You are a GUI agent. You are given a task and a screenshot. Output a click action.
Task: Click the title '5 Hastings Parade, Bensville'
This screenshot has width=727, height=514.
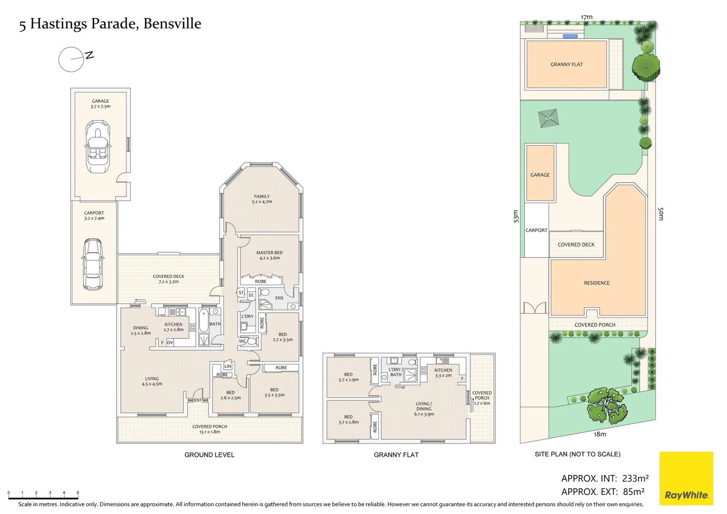pyautogui.click(x=110, y=24)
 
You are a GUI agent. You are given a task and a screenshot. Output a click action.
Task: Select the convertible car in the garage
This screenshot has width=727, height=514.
pyautogui.click(x=98, y=147)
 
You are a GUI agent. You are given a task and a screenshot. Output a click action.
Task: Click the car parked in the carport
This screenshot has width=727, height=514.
pyautogui.click(x=92, y=264)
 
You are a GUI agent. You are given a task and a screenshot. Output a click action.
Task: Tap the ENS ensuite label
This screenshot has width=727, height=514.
pyautogui.click(x=279, y=298)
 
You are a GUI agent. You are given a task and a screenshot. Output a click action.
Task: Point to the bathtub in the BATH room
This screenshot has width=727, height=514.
pyautogui.click(x=204, y=320)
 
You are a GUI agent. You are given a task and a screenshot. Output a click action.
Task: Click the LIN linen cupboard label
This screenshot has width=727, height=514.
pyautogui.click(x=228, y=366)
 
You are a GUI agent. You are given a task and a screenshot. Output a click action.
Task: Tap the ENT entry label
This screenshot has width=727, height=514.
pyautogui.click(x=197, y=400)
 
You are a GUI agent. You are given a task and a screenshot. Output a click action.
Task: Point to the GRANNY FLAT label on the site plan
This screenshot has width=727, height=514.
pyautogui.click(x=566, y=64)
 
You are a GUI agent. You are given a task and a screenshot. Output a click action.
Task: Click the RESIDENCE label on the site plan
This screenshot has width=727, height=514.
pyautogui.click(x=597, y=283)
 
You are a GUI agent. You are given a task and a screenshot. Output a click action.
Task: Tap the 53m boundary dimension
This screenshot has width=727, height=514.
pyautogui.click(x=516, y=216)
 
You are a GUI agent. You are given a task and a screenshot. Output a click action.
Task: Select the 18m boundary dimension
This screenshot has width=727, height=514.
pyautogui.click(x=599, y=434)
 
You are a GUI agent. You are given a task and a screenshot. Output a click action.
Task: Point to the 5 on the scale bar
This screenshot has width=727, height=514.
pyautogui.click(x=78, y=493)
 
